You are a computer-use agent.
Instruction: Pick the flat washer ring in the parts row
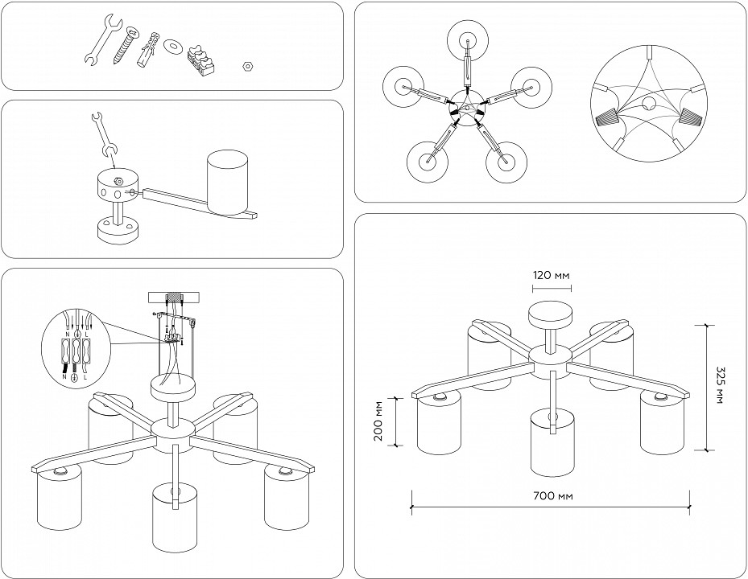pos(170,46)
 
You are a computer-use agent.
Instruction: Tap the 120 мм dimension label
pos(552,276)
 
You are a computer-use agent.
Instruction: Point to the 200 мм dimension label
pos(379,422)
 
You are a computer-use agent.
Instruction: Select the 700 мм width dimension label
pos(553,496)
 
